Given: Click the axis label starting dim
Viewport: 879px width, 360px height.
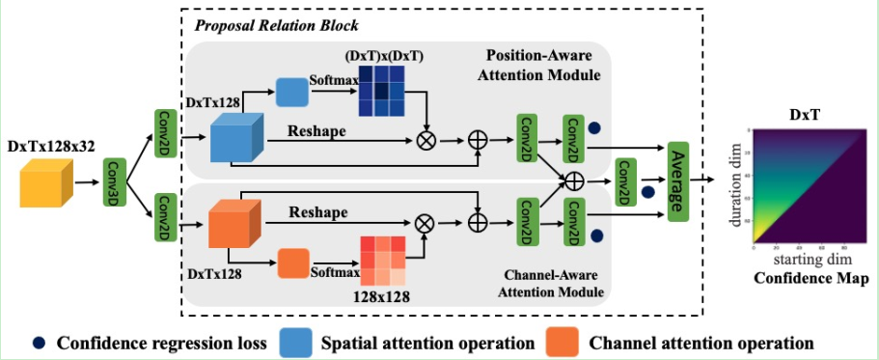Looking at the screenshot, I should click(797, 262).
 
